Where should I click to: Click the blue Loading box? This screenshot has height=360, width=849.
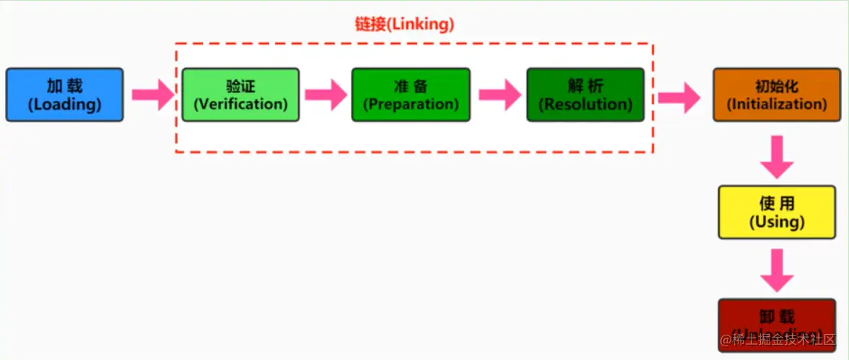pyautogui.click(x=64, y=95)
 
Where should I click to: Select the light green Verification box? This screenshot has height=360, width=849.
pyautogui.click(x=240, y=95)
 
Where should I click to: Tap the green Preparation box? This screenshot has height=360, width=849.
pyautogui.click(x=410, y=95)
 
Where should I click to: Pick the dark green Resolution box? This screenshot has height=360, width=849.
pyautogui.click(x=585, y=95)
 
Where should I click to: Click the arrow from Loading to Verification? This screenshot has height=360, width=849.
pyautogui.click(x=152, y=95)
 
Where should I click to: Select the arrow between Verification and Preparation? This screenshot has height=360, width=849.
pyautogui.click(x=326, y=95)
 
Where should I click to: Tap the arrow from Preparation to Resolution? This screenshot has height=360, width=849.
pyautogui.click(x=499, y=95)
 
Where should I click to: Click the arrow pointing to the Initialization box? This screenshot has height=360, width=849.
pyautogui.click(x=679, y=96)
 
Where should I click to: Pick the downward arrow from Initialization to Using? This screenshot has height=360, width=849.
pyautogui.click(x=777, y=157)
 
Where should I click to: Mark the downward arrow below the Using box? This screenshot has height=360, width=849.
pyautogui.click(x=777, y=269)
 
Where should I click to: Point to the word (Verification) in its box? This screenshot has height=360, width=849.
pyautogui.click(x=240, y=104)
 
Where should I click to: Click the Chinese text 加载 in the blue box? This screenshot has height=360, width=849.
pyautogui.click(x=64, y=86)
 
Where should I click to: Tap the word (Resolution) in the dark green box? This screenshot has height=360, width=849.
pyautogui.click(x=585, y=104)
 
